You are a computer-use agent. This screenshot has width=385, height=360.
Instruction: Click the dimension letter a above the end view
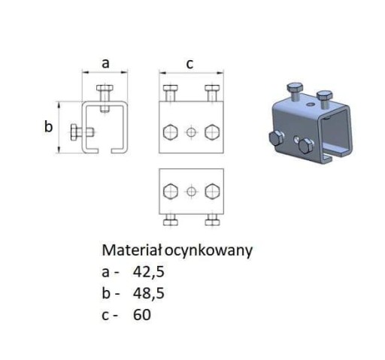point(105,64)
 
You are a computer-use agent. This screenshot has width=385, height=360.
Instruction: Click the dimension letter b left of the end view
point(48,126)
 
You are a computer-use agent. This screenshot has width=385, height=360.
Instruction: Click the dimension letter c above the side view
point(189,64)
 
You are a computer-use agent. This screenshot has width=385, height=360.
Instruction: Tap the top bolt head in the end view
point(105,88)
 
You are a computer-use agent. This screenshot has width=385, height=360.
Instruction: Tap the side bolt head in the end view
point(74,132)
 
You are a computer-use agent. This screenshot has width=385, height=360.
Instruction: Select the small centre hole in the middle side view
point(191,132)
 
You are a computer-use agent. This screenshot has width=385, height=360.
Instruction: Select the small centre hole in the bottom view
point(191,192)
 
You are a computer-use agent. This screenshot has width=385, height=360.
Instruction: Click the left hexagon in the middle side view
point(171,132)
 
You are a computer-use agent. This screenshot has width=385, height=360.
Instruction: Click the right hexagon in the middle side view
point(212,132)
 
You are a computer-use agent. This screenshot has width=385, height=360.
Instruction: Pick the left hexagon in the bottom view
point(171,192)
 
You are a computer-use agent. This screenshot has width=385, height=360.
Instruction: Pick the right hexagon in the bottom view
point(212,192)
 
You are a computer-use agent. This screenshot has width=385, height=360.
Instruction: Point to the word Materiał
point(132,250)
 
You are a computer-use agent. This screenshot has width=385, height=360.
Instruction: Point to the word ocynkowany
point(208,251)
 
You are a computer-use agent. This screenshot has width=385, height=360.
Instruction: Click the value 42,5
point(149,271)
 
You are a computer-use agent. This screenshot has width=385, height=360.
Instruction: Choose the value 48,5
point(149,293)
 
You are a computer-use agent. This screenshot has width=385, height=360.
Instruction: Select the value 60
point(142,315)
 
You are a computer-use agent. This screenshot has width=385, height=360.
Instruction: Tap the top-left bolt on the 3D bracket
point(295,91)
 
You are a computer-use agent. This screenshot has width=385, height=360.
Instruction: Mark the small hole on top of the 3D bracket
point(311,104)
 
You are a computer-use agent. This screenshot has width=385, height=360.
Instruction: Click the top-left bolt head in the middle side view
point(171,88)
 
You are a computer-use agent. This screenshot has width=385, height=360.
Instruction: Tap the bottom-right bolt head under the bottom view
point(212,222)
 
